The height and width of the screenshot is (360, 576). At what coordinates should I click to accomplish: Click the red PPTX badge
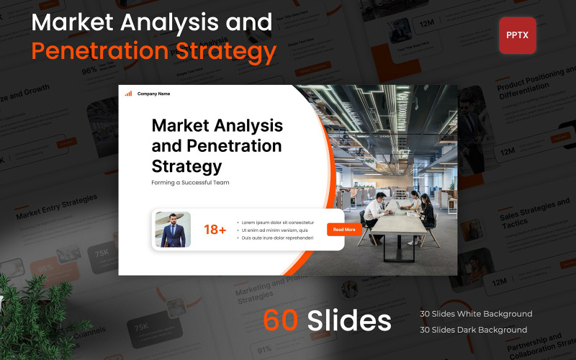pos(517,35)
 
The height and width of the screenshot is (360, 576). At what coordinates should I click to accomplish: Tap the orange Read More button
pos(345,230)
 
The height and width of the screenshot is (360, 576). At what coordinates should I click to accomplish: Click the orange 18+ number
pos(215,230)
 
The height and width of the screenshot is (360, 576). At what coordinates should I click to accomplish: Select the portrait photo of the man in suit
pos(173,230)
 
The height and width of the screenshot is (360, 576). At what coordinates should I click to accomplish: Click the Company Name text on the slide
pos(153,94)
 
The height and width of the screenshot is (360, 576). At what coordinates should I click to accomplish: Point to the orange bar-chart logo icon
pos(128,94)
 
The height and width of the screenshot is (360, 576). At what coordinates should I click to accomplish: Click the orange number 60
pos(282,320)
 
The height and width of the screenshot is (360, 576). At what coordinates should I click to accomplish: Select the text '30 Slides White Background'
pos(476,314)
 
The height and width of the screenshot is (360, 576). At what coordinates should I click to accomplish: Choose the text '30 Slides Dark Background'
pos(473,330)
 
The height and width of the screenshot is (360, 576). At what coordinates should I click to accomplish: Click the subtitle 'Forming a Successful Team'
pos(190,183)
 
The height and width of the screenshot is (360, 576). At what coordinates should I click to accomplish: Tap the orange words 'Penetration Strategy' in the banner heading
pos(153,52)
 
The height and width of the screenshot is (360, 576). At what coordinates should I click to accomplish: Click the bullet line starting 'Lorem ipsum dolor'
pos(278,222)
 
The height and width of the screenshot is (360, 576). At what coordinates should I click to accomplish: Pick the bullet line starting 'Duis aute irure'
pos(277,238)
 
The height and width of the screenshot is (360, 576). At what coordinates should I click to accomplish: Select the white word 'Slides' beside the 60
pos(349,320)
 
